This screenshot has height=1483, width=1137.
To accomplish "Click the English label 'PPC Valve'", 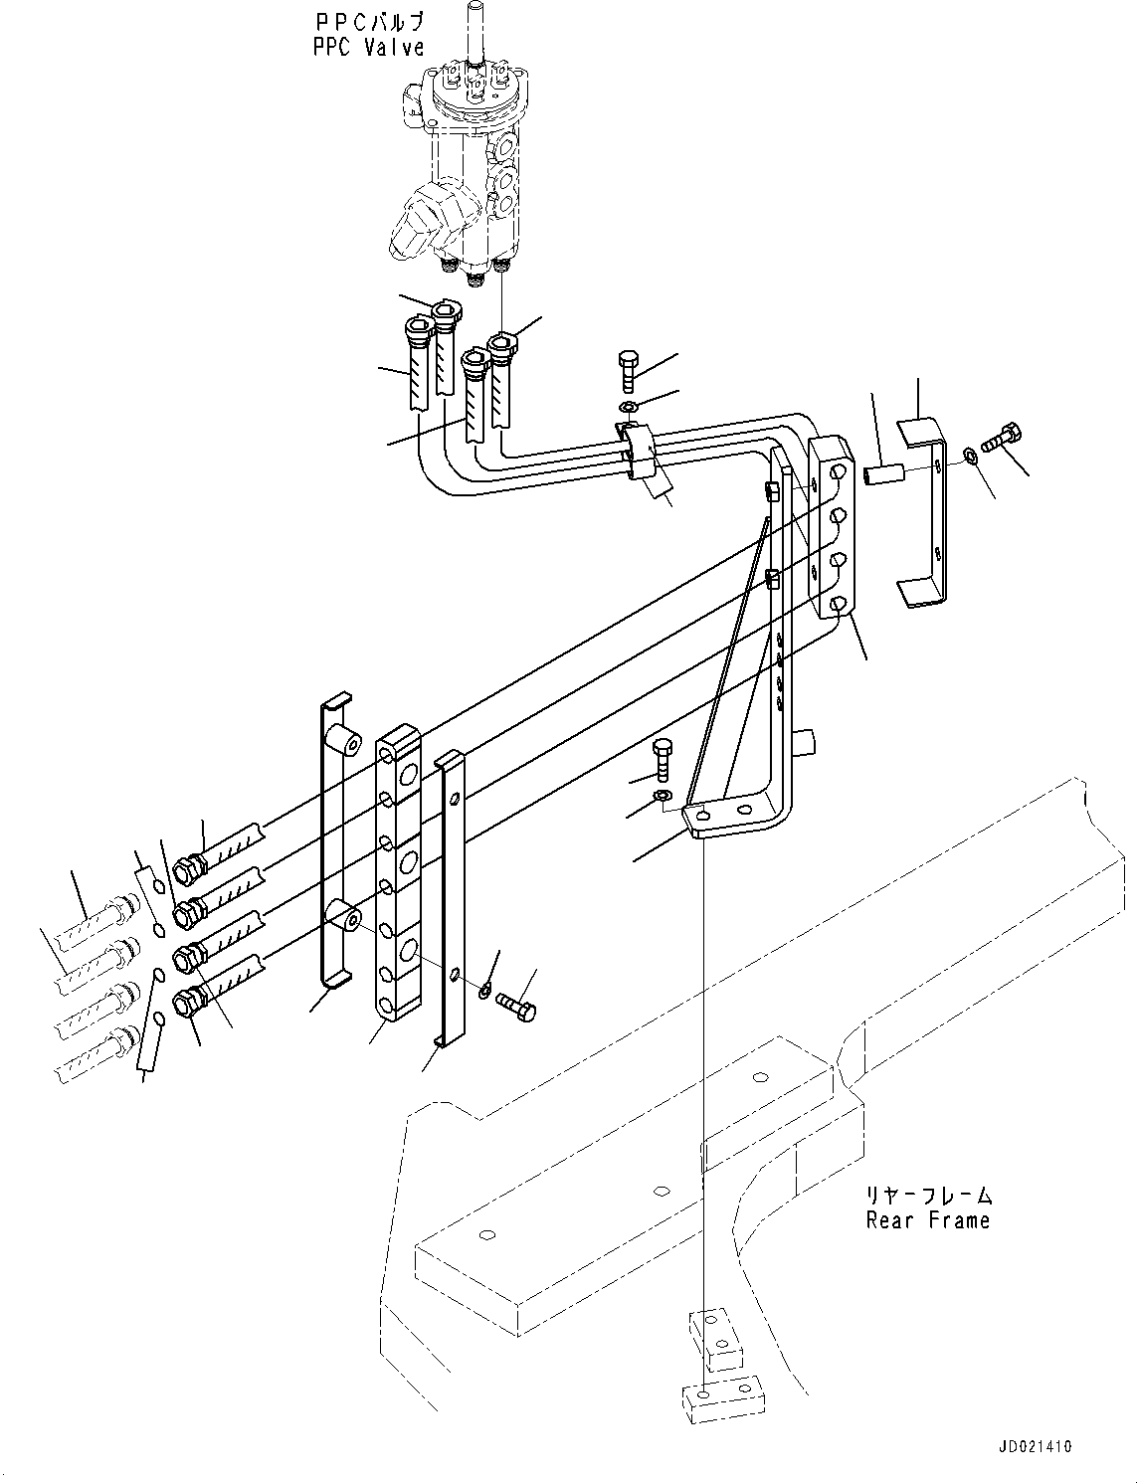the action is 368,47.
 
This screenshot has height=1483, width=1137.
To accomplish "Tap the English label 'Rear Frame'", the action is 928,1219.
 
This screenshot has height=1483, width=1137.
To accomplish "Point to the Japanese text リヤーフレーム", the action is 929,1195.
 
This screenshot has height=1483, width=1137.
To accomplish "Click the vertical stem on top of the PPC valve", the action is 475,33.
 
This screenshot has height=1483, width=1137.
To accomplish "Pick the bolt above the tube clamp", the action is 628,372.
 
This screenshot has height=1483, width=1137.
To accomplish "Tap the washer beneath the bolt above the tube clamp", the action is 628,408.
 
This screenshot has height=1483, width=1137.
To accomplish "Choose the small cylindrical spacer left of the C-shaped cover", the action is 883,475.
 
